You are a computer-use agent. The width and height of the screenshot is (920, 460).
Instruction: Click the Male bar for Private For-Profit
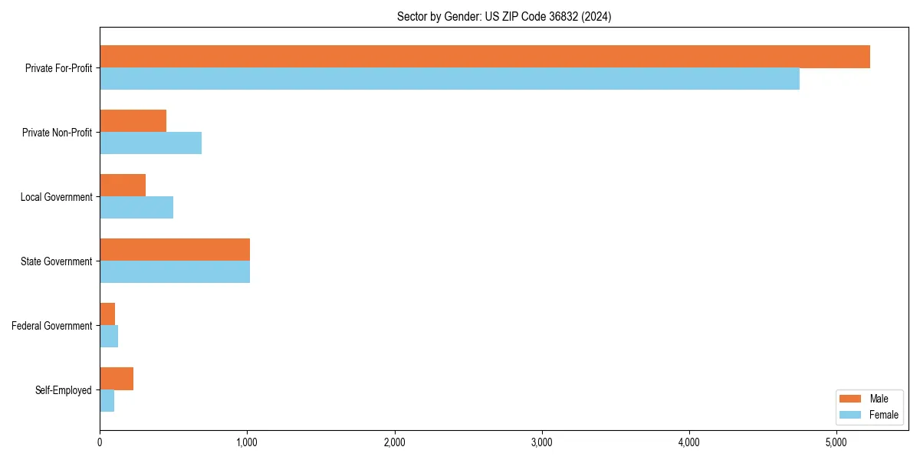point(485,57)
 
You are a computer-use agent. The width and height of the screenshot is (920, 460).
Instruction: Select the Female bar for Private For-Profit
point(449,79)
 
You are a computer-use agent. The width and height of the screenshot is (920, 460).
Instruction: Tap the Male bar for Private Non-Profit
point(133,121)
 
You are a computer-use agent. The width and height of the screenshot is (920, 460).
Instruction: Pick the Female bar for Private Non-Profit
point(150,143)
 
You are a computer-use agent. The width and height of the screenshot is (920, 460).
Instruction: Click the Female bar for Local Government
point(136,208)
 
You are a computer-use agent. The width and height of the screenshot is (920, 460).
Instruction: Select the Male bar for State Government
point(175,250)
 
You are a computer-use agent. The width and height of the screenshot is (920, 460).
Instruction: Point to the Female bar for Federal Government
point(109,337)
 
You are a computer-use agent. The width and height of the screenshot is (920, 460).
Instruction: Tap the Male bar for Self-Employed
point(117,379)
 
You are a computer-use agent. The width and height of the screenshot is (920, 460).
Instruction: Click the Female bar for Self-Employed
point(107,401)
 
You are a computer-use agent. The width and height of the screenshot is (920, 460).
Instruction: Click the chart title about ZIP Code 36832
point(504,16)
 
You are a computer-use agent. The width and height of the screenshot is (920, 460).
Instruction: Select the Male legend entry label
point(879,399)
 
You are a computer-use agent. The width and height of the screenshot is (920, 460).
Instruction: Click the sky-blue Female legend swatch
point(851,415)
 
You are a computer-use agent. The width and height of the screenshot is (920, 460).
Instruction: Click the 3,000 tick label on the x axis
point(542,442)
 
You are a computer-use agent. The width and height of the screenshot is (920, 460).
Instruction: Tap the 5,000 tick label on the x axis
point(836,442)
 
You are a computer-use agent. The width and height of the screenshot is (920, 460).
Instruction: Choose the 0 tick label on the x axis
point(100,442)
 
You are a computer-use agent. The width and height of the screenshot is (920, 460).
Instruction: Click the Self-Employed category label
point(64,390)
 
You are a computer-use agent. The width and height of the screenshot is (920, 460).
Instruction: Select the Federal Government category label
point(52,326)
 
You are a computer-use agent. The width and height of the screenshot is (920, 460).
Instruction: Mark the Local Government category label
point(57,197)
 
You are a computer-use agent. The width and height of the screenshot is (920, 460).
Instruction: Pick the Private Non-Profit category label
point(57,133)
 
